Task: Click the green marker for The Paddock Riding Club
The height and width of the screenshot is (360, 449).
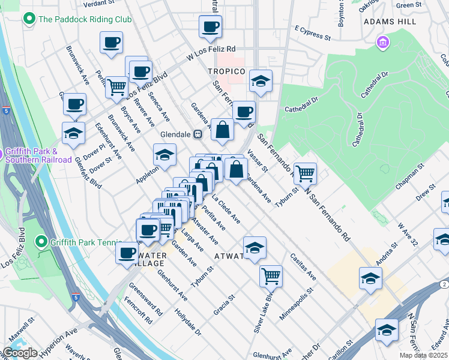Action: [x=28, y=19]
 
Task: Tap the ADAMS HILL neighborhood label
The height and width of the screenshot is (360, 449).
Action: [x=390, y=21]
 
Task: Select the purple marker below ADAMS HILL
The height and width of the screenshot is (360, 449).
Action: [x=382, y=43]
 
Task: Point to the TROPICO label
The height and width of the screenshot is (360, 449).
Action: [x=226, y=71]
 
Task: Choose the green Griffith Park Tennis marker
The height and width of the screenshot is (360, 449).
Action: [x=41, y=242]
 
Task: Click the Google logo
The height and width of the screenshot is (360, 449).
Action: [x=19, y=353]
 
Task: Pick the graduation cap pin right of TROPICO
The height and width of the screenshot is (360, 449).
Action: [x=261, y=81]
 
